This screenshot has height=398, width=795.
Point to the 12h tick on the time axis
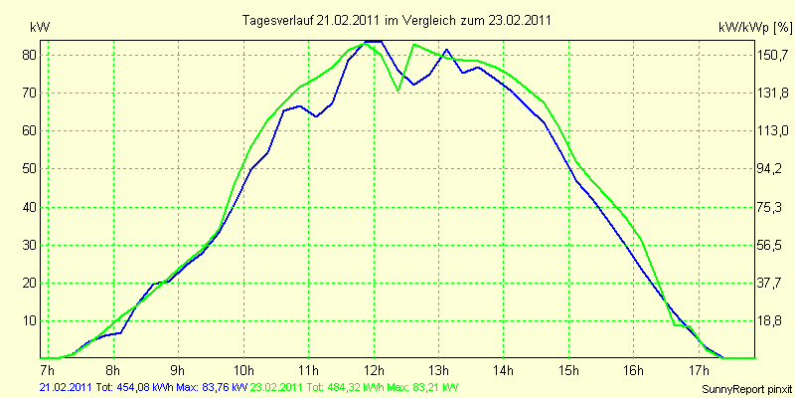[374, 367]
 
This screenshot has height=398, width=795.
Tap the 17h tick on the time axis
[699, 367]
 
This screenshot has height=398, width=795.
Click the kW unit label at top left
[40, 28]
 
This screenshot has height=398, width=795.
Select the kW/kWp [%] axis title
[755, 28]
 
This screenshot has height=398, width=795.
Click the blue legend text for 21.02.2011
[143, 388]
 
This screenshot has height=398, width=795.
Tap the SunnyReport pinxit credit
[746, 389]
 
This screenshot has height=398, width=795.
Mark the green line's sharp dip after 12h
[398, 91]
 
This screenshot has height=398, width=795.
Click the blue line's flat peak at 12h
[374, 41]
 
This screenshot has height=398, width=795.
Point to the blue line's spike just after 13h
[446, 50]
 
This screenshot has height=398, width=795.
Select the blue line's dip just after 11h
[316, 116]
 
